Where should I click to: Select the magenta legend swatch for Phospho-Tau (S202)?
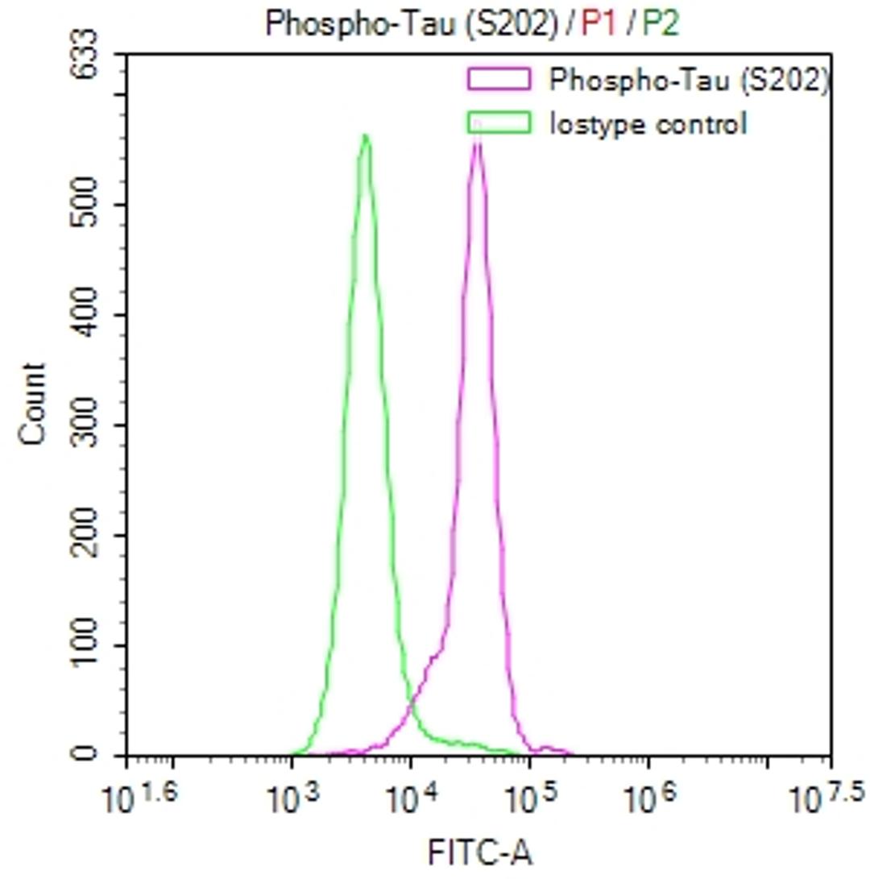point(499,79)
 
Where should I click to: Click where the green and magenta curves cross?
point(412,706)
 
